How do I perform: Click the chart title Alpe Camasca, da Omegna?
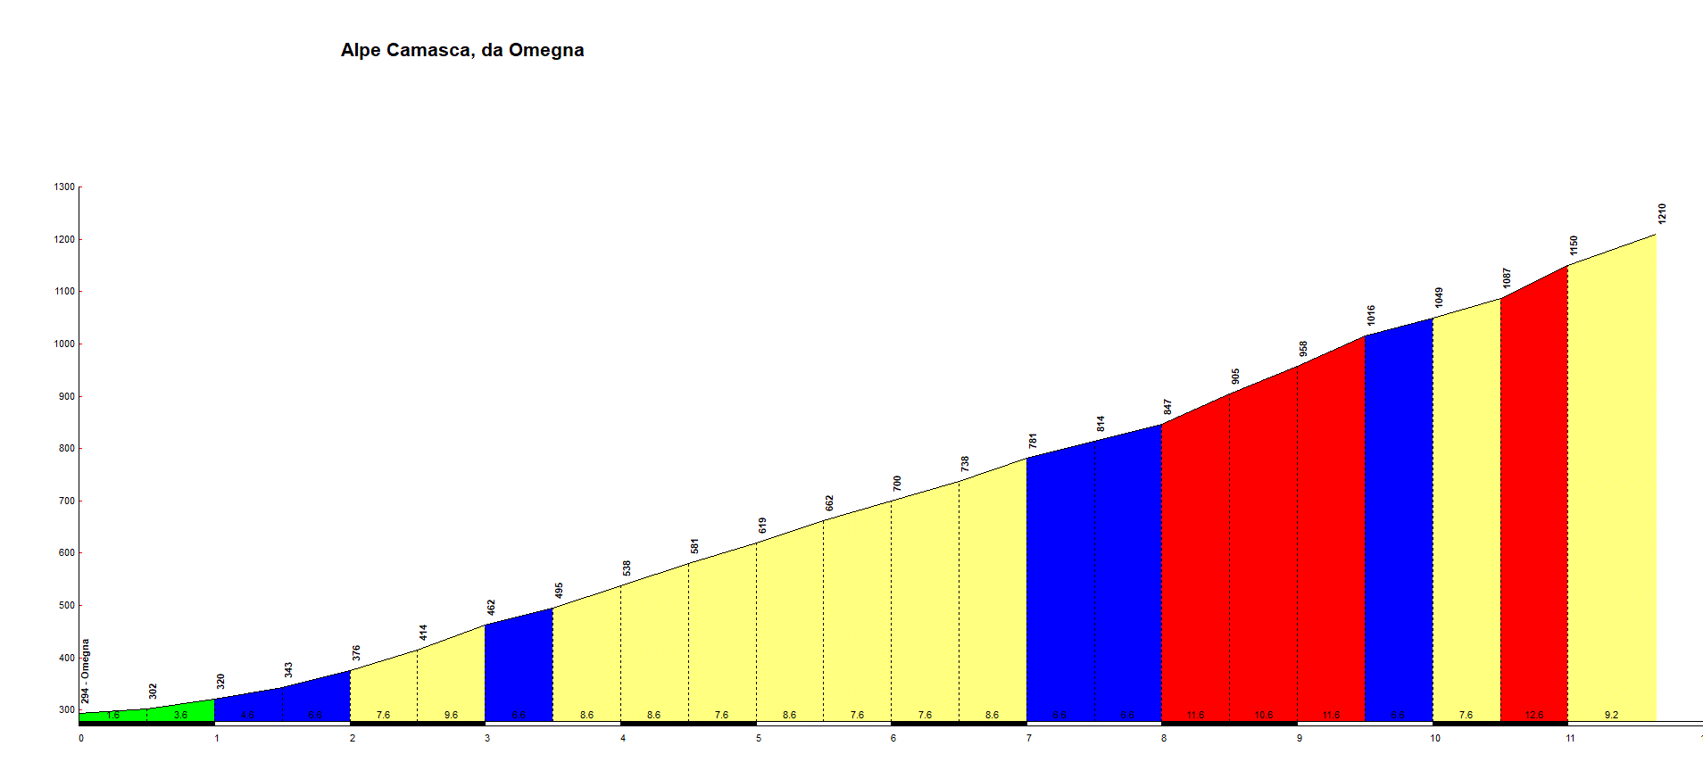(462, 50)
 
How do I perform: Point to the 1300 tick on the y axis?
(64, 187)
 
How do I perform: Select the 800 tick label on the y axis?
(64, 449)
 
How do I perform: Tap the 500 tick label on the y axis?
(64, 606)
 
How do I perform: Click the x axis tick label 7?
(1029, 738)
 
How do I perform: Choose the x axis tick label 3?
(487, 738)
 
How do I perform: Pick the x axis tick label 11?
(1570, 738)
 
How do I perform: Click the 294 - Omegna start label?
(86, 671)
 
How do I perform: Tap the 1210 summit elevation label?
(1662, 214)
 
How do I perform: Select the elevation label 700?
(897, 484)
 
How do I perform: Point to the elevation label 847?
(1167, 407)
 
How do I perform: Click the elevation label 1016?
(1371, 315)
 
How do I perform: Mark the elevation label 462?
(491, 608)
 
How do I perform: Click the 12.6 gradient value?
(1534, 715)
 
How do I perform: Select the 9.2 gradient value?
(1611, 715)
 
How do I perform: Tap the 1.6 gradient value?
(113, 716)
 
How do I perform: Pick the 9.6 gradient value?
(451, 715)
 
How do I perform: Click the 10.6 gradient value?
(1263, 715)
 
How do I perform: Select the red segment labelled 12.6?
(1534, 500)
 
